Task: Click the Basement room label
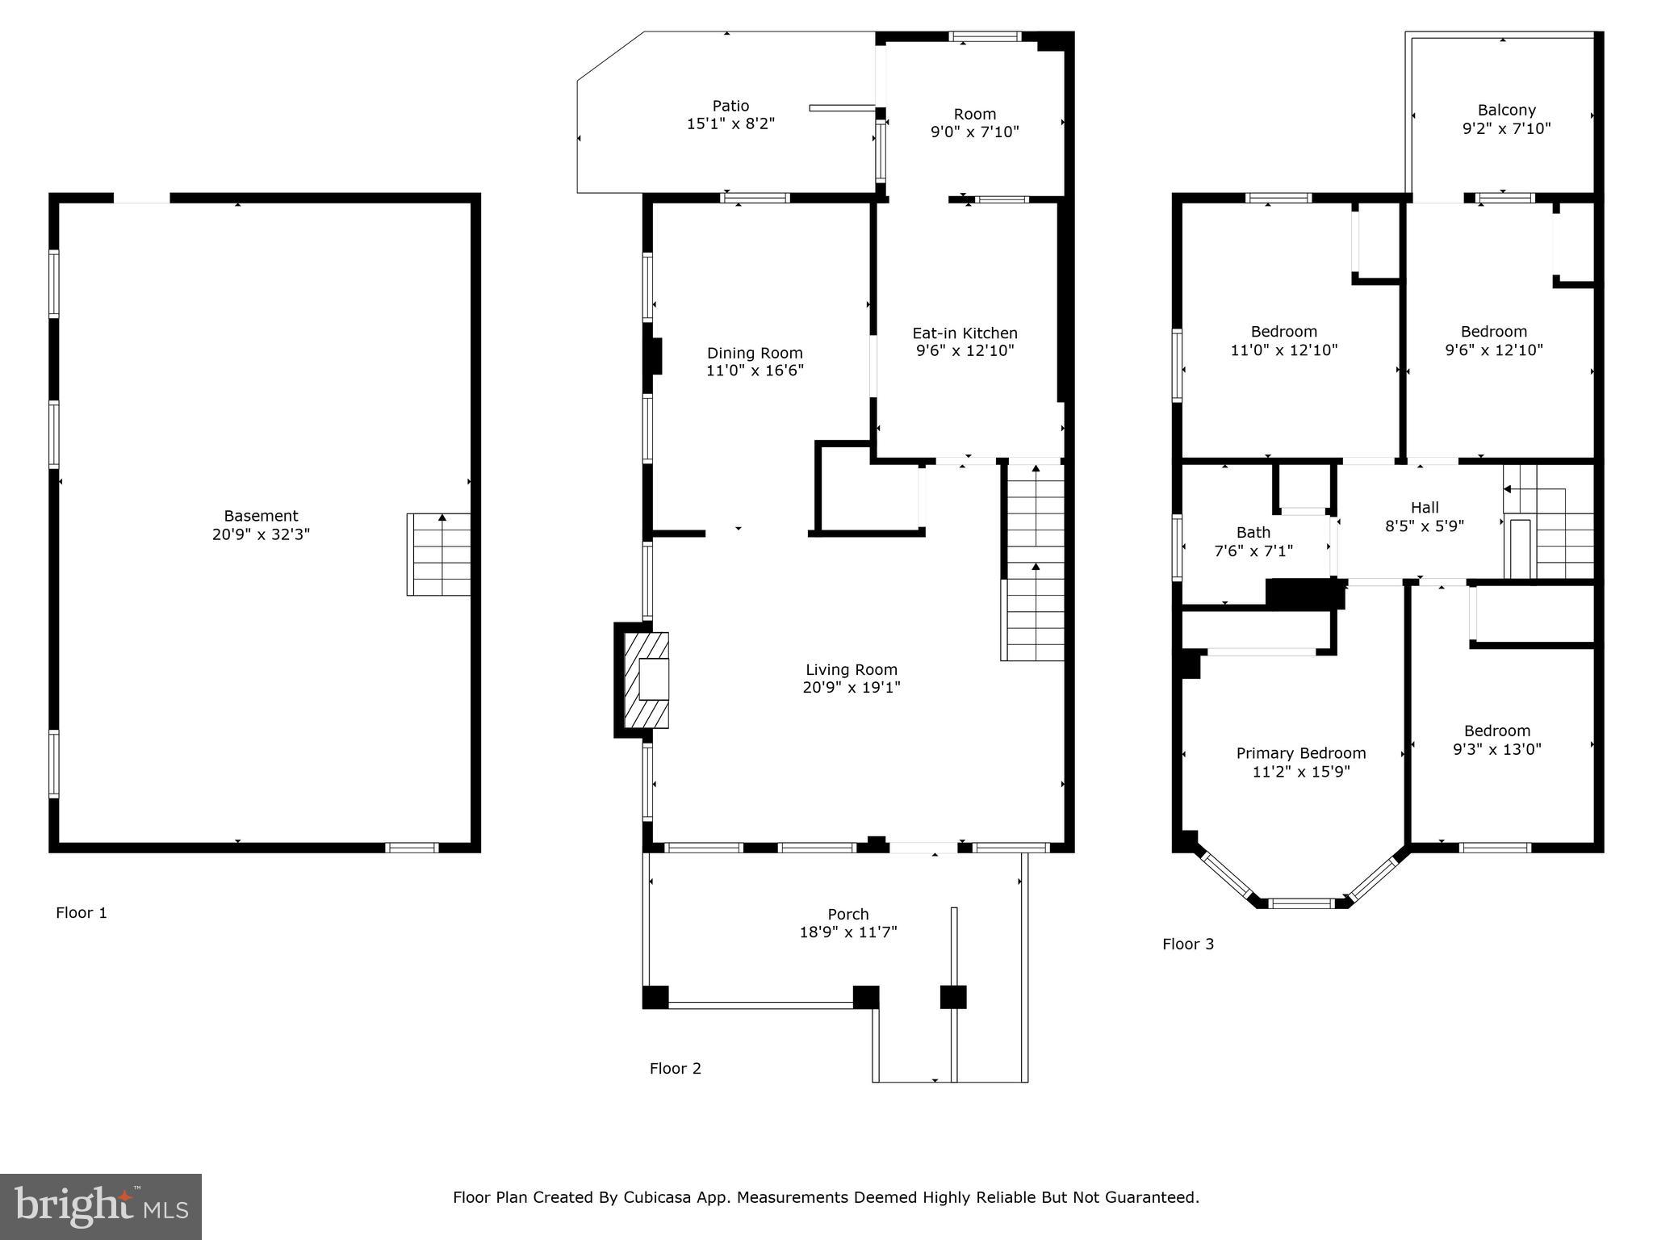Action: [x=261, y=516]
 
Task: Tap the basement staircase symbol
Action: [x=438, y=555]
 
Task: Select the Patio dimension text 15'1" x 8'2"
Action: [x=730, y=124]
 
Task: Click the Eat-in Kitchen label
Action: [x=965, y=333]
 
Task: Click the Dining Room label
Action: [x=755, y=353]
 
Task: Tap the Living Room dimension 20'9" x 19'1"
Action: [x=852, y=688]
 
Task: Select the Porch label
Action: [x=847, y=914]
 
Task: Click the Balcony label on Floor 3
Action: [x=1506, y=111]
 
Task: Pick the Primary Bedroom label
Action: [x=1300, y=753]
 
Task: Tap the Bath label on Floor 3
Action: [x=1253, y=533]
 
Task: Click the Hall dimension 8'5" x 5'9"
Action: [x=1425, y=526]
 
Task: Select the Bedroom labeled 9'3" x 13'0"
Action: [x=1496, y=739]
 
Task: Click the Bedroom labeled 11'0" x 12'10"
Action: [x=1283, y=341]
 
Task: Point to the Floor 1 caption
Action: [x=81, y=913]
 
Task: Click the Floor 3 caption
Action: [x=1187, y=944]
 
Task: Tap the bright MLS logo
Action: [x=101, y=1206]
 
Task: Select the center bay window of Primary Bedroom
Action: [x=1300, y=903]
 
